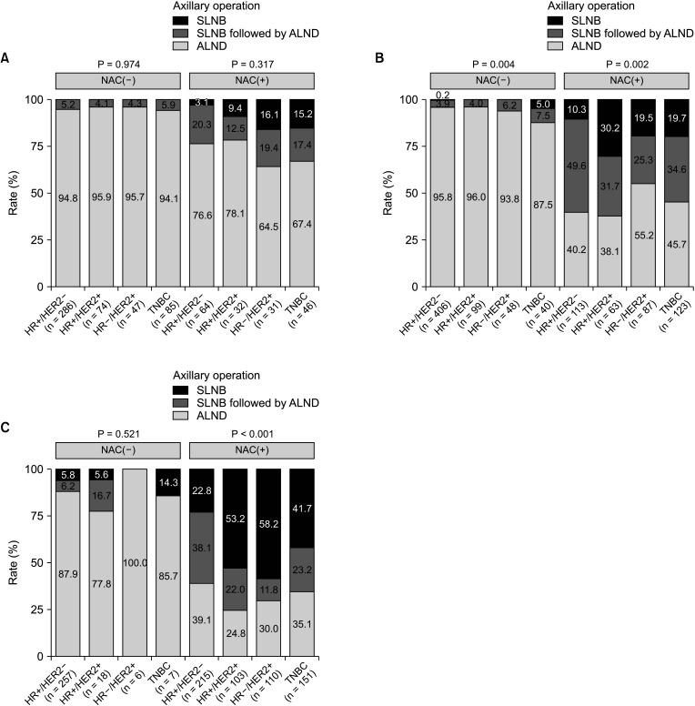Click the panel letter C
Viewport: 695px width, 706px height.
point(6,427)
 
